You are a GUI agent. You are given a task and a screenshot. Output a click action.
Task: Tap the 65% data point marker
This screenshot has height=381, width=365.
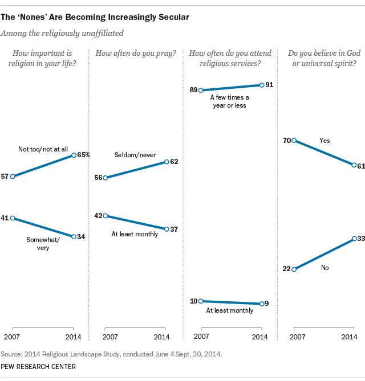[74, 155]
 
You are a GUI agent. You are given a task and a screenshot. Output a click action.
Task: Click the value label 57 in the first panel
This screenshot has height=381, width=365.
[5, 177]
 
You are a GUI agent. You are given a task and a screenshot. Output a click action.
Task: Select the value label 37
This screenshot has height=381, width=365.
[174, 229]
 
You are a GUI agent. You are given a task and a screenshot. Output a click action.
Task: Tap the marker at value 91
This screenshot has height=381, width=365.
[261, 85]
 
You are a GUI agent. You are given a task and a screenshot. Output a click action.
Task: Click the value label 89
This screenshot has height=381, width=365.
[194, 90]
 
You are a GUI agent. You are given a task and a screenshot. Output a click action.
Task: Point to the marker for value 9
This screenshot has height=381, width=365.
[261, 304]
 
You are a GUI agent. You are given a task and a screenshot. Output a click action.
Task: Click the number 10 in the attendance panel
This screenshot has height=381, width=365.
[194, 301]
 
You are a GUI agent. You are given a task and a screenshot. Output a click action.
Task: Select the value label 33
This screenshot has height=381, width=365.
[360, 238]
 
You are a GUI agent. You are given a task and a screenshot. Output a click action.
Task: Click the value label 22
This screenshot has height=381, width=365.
[286, 269]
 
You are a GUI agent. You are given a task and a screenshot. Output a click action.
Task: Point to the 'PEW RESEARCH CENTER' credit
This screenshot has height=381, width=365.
[38, 366]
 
